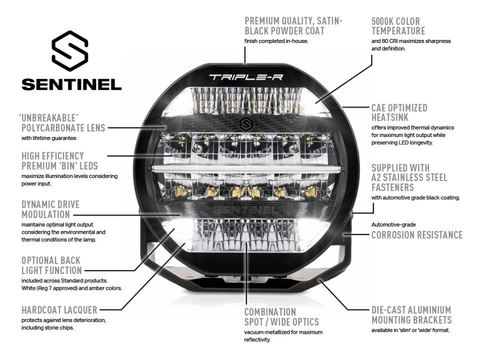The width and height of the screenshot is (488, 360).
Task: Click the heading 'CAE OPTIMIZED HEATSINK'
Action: click(399, 112)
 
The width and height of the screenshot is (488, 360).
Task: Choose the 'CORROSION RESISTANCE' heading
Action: click(417, 235)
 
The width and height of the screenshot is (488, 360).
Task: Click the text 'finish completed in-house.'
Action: click(276, 41)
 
